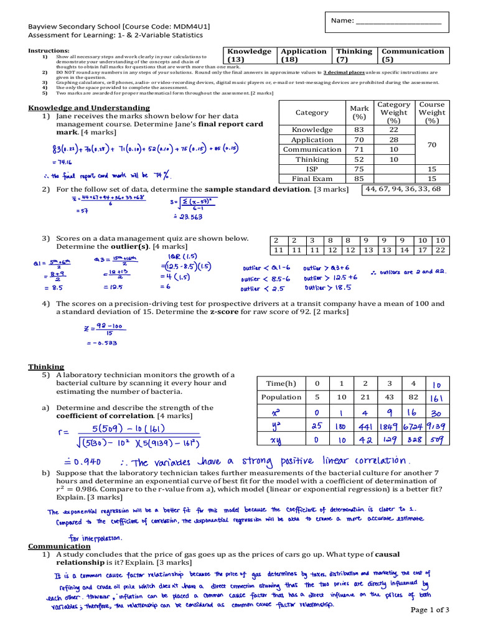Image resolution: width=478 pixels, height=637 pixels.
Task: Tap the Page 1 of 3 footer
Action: [434, 610]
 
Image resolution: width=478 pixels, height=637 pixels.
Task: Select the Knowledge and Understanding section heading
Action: [89, 108]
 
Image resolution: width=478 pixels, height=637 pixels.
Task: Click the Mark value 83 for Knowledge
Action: [358, 129]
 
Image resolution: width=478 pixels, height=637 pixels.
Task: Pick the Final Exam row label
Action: [312, 179]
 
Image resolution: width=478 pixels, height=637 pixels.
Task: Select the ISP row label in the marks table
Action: [312, 169]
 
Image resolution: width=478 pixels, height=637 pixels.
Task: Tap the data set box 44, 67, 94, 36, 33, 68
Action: [403, 188]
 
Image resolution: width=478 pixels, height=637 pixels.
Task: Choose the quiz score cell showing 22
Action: [440, 249]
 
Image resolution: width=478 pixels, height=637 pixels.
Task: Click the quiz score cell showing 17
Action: [423, 249]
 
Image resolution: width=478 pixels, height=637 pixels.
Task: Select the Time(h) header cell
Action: [281, 383]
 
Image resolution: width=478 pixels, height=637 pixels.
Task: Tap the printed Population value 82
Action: [413, 397]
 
